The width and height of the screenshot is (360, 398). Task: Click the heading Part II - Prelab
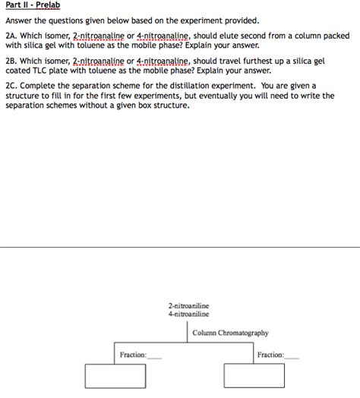click(27, 6)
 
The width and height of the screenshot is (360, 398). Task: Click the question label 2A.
click(11, 36)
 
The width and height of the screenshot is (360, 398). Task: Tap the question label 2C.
click(11, 86)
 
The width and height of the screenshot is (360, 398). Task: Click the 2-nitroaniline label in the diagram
click(189, 305)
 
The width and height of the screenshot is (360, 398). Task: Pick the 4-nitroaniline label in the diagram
click(189, 314)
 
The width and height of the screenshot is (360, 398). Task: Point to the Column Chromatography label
click(230, 333)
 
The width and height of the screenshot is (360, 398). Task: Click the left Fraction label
click(134, 355)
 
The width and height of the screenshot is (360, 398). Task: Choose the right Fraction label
click(270, 355)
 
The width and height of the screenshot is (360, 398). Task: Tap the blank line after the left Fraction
click(155, 357)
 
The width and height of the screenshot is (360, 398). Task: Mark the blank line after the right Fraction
click(292, 357)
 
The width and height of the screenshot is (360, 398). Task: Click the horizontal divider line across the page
click(180, 247)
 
